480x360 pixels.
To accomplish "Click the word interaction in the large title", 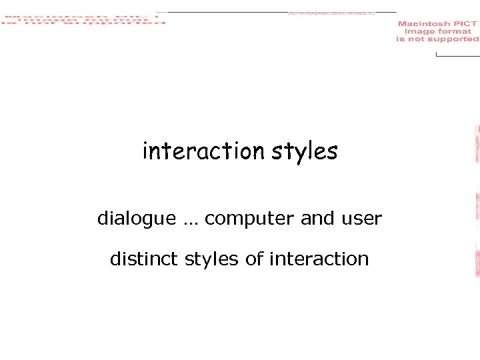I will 204,151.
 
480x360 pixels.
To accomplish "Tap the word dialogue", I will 137,219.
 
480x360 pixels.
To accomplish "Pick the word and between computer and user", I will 317,219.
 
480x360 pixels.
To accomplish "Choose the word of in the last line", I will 255,259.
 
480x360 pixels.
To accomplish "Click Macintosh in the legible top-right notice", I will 424,24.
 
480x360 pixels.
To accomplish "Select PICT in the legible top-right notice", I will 465,24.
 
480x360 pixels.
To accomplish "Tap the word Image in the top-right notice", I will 419,31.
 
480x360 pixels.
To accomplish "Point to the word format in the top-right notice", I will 454,31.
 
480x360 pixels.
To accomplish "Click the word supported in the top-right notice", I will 457,39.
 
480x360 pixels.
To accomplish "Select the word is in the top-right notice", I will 401,39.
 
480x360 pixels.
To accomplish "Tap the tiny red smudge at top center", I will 331,13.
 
